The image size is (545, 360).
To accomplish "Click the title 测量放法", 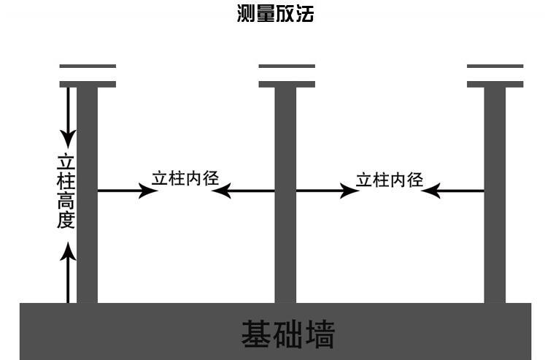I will [x=275, y=14].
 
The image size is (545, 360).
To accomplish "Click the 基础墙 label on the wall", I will [x=287, y=335].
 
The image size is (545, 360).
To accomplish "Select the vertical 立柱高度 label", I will [x=66, y=191].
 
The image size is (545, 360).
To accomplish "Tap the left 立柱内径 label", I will [x=186, y=178].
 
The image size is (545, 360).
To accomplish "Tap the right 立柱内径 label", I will [x=390, y=179].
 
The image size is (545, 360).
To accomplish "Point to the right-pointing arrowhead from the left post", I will [x=149, y=191].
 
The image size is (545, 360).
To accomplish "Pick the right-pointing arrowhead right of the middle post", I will [x=348, y=191].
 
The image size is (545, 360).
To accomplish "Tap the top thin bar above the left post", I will [x=88, y=66].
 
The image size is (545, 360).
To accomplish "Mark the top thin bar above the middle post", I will [x=287, y=66].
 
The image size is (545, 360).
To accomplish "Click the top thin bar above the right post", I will [x=495, y=66].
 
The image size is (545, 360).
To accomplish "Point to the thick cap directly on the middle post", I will [x=287, y=84].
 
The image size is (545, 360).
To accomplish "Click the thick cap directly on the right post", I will [x=495, y=84].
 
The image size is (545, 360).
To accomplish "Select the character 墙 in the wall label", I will [x=319, y=335].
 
